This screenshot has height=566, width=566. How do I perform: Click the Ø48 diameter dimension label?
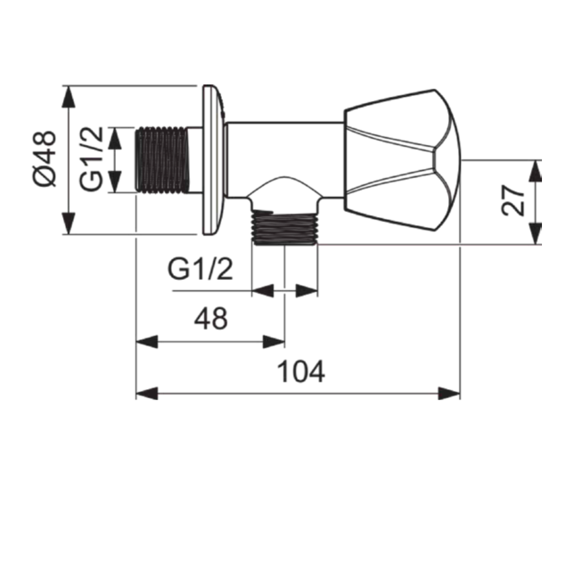[45, 159]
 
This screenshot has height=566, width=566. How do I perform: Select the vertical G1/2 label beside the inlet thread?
[91, 159]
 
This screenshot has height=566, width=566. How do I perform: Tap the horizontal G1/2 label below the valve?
[200, 269]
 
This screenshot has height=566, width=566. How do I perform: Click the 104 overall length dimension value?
[301, 371]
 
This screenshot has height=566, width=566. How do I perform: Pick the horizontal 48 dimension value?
[211, 318]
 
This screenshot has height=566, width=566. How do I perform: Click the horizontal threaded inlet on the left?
[162, 160]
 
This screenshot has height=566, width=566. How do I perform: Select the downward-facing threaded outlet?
[284, 228]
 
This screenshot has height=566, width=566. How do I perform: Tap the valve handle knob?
[401, 160]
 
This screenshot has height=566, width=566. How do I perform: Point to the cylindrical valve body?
[284, 160]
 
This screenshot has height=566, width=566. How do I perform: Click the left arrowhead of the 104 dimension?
[147, 393]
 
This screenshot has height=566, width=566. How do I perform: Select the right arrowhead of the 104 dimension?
[449, 393]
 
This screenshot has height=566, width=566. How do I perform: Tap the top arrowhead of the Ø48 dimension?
[68, 97]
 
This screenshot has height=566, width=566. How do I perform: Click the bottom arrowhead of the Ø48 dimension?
[68, 223]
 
